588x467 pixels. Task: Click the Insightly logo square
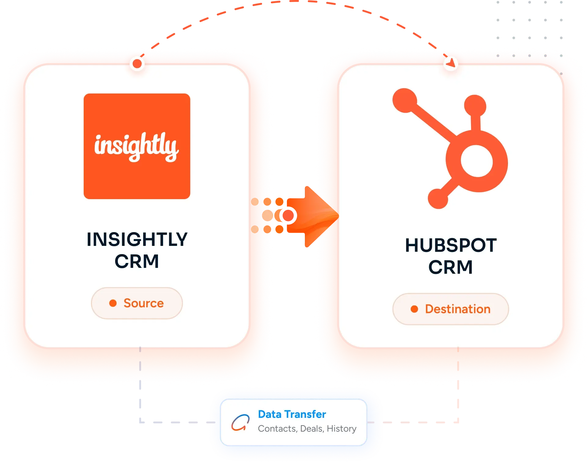pyautogui.click(x=137, y=146)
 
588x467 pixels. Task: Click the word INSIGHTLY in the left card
pyautogui.click(x=137, y=239)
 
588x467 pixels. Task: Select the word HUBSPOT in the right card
pyautogui.click(x=451, y=245)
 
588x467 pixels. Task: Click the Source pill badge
pyautogui.click(x=137, y=303)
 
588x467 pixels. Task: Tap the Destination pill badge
pyautogui.click(x=451, y=309)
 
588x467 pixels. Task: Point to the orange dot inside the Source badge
pyautogui.click(x=113, y=303)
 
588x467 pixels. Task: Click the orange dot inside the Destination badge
pyautogui.click(x=415, y=309)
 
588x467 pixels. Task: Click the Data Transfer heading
pyautogui.click(x=292, y=414)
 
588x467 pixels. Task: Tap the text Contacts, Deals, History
pyautogui.click(x=307, y=429)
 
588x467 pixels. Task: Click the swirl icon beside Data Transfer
pyautogui.click(x=240, y=422)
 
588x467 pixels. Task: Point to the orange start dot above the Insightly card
pyautogui.click(x=137, y=64)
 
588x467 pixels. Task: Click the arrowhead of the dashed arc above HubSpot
pyautogui.click(x=451, y=63)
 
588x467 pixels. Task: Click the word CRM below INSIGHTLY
pyautogui.click(x=137, y=261)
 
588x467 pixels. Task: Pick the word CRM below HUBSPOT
pyautogui.click(x=451, y=268)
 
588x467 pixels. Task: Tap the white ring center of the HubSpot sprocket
pyautogui.click(x=477, y=161)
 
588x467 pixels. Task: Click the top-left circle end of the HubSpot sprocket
pyautogui.click(x=405, y=100)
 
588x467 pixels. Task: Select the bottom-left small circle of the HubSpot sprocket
pyautogui.click(x=438, y=199)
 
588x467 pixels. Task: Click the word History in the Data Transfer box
pyautogui.click(x=341, y=429)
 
